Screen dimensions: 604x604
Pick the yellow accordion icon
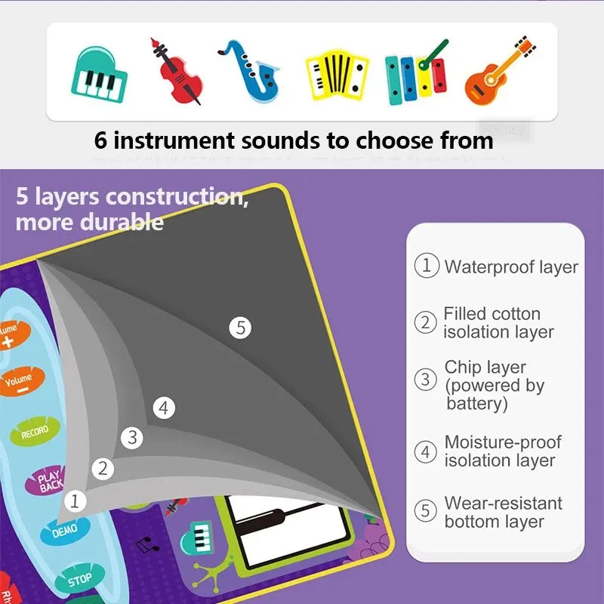[x=337, y=75]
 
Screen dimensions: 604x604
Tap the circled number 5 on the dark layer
[x=241, y=328]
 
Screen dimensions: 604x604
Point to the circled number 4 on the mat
[x=164, y=408]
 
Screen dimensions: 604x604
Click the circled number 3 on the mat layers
[x=133, y=437]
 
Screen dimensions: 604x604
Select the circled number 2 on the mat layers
[x=103, y=469]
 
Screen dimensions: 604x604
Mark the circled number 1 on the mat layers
[x=75, y=500]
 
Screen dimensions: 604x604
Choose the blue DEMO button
[x=65, y=532]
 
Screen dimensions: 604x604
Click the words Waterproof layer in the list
[x=510, y=267]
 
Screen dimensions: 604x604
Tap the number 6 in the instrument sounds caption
[x=102, y=140]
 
